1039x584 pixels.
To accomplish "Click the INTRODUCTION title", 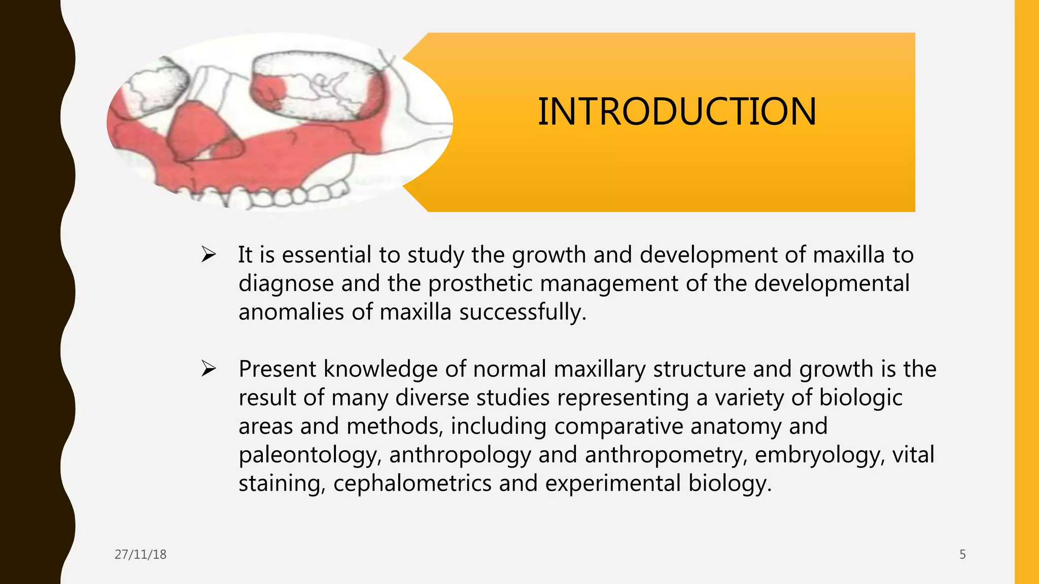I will coord(677,112).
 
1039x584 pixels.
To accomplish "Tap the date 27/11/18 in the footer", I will coord(141,555).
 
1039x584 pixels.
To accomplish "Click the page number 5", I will coord(962,555).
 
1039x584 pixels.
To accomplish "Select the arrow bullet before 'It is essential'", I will coord(209,254).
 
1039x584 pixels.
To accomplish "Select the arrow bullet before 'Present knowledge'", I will coord(209,369).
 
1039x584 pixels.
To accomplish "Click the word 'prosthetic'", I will coord(480,284).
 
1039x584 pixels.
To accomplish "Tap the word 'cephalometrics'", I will coord(412,484).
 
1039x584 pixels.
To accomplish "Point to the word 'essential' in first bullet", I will coord(326,255).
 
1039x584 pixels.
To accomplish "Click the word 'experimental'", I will coord(612,484).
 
